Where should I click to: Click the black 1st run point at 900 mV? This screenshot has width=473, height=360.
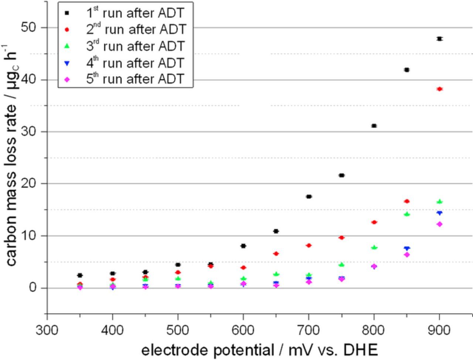[439, 39]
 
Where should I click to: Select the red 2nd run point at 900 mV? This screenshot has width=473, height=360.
[439, 89]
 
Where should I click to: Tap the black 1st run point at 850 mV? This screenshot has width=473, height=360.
[407, 70]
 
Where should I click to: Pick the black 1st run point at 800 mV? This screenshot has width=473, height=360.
[374, 126]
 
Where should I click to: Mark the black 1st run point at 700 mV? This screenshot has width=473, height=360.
[309, 196]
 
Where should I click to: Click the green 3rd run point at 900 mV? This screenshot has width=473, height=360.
[439, 202]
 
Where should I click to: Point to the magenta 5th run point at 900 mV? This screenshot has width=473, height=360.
[439, 224]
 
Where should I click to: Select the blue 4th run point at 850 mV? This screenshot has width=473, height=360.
[407, 248]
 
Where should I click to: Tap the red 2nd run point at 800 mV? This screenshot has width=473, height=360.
[374, 222]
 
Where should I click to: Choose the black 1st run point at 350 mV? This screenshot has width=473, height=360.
[80, 275]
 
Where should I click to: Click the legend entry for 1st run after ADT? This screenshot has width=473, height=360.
[135, 13]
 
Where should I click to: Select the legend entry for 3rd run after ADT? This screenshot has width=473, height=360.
[135, 46]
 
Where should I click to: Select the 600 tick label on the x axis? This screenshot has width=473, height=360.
[243, 329]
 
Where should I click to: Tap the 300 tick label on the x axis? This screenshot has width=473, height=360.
[47, 329]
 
